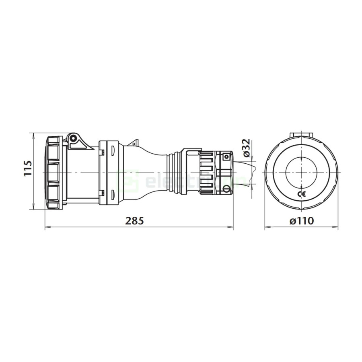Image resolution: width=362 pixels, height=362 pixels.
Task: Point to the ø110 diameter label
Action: pos(301,221)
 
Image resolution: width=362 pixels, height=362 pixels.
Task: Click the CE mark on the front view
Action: pos(301,195)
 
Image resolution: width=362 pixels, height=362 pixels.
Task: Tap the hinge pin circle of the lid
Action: pos(73,138)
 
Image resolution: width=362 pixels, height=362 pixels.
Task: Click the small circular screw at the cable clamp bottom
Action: pos(226,188)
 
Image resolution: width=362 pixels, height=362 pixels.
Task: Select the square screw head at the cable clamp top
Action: pos(226,156)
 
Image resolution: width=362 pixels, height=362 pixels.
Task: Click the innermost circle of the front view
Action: pos(301,172)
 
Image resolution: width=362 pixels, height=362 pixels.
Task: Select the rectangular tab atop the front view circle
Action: pos(301,133)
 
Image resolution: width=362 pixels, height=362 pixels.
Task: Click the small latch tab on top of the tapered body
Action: pos(134,142)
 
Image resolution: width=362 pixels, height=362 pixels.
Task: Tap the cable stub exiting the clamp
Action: pos(243,172)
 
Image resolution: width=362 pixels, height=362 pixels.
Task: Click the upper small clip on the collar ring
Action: pos(102,152)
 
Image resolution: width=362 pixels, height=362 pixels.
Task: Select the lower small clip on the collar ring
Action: pos(102,192)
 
